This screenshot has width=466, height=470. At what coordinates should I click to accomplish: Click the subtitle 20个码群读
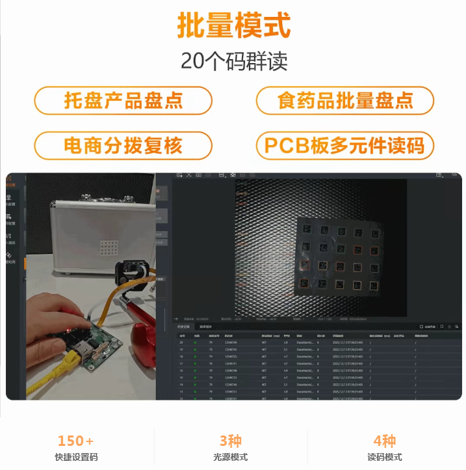pyautogui.click(x=233, y=61)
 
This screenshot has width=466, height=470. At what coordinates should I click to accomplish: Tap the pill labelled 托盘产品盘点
pyautogui.click(x=123, y=100)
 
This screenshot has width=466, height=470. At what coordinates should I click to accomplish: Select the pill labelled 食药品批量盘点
pyautogui.click(x=345, y=100)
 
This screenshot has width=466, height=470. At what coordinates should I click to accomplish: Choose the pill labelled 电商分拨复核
pyautogui.click(x=123, y=145)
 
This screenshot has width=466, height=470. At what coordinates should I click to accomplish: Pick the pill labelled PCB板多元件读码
pyautogui.click(x=345, y=145)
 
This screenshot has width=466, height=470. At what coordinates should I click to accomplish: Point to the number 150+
pyautogui.click(x=76, y=441)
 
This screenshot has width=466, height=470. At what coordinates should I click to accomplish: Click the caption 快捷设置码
pyautogui.click(x=76, y=457)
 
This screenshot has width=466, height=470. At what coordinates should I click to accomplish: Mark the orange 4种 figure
pyautogui.click(x=385, y=441)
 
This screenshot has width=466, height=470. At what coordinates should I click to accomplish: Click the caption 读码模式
pyautogui.click(x=385, y=457)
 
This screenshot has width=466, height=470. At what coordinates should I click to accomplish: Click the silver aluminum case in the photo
pyautogui.click(x=97, y=234)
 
